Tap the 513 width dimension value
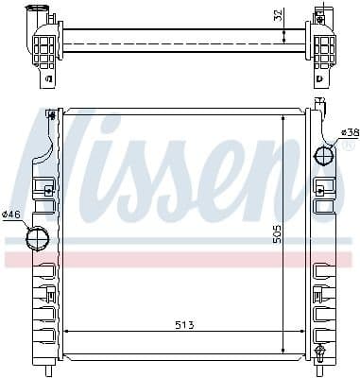184,326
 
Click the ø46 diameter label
11,215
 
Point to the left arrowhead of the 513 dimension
67,332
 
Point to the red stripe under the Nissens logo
180,257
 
